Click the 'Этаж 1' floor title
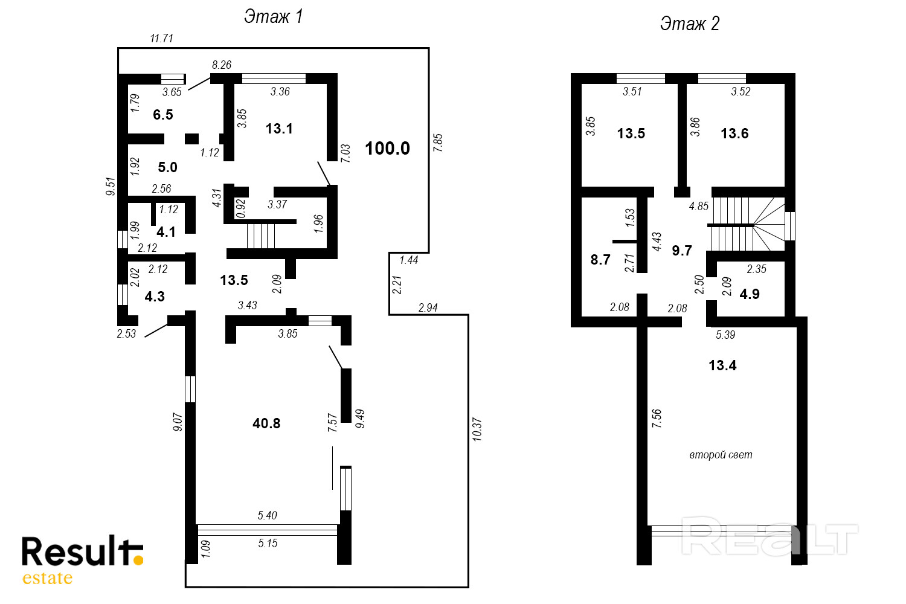pyautogui.click(x=273, y=17)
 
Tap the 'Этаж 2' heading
pyautogui.click(x=690, y=24)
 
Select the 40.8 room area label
pyautogui.click(x=266, y=423)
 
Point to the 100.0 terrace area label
pyautogui.click(x=387, y=149)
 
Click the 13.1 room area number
pyautogui.click(x=279, y=129)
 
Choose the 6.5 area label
pyautogui.click(x=163, y=115)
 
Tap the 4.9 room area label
pyautogui.click(x=750, y=294)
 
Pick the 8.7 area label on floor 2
pyautogui.click(x=600, y=260)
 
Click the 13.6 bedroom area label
pyautogui.click(x=734, y=133)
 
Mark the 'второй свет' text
pyautogui.click(x=721, y=455)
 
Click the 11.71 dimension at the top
pyautogui.click(x=162, y=39)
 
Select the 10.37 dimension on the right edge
pyautogui.click(x=477, y=429)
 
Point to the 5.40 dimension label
pyautogui.click(x=268, y=515)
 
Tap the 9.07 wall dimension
pyautogui.click(x=178, y=422)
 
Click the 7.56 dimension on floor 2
pyautogui.click(x=657, y=419)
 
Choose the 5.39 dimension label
pyautogui.click(x=725, y=335)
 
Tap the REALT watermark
pyautogui.click(x=769, y=536)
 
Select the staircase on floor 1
pyautogui.click(x=261, y=236)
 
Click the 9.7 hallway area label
pyautogui.click(x=682, y=251)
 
